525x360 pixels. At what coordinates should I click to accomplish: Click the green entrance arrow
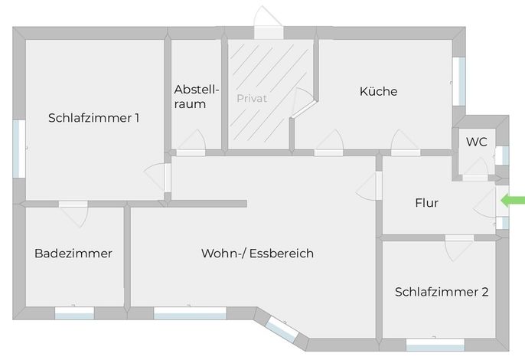[512, 201]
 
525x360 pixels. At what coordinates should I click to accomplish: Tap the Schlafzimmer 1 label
[93, 118]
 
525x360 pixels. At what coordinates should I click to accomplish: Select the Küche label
[378, 91]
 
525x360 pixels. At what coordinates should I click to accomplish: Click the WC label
[477, 142]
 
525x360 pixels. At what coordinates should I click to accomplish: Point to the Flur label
[426, 203]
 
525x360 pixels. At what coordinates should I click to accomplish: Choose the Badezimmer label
[73, 253]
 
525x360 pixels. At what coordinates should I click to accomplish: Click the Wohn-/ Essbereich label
[257, 253]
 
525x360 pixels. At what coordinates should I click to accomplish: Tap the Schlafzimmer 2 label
[442, 292]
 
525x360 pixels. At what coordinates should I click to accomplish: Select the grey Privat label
[252, 98]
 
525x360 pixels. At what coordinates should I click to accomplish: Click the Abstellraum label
[197, 97]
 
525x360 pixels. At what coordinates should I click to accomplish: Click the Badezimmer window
[74, 313]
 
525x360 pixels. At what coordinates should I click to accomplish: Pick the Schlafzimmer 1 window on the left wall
[19, 149]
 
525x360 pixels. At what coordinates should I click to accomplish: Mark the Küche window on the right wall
[459, 81]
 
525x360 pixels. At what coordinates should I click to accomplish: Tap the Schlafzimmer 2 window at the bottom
[435, 345]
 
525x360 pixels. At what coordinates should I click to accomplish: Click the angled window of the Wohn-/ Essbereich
[282, 329]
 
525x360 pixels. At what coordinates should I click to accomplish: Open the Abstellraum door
[191, 142]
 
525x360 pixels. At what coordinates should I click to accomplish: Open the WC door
[475, 169]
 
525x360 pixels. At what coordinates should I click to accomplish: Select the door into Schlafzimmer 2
[459, 248]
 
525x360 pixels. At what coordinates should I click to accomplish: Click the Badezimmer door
[73, 214]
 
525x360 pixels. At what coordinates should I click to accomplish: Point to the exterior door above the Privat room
[269, 22]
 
